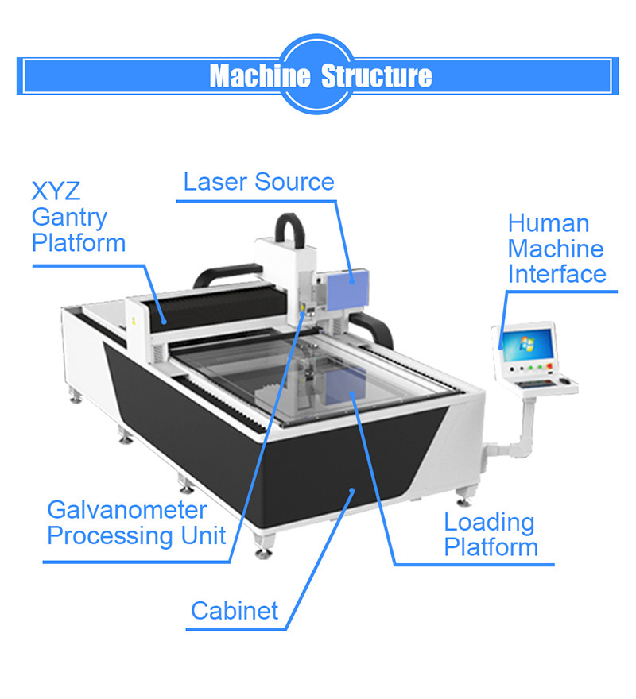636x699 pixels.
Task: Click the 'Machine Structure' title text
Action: click(320, 76)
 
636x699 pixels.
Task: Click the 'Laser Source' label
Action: click(258, 182)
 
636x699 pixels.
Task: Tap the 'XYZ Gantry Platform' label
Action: click(78, 217)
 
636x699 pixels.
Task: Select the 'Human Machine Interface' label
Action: click(556, 249)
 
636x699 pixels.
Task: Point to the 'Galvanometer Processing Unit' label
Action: click(136, 523)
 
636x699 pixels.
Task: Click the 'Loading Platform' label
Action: click(490, 535)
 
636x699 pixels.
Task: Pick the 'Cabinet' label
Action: click(235, 611)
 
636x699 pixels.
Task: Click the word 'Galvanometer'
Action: click(127, 510)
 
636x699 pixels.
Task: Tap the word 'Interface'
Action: click(556, 274)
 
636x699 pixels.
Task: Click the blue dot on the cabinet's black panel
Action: click(351, 494)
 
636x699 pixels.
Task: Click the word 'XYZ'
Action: click(56, 191)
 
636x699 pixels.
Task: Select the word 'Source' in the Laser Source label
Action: click(296, 182)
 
